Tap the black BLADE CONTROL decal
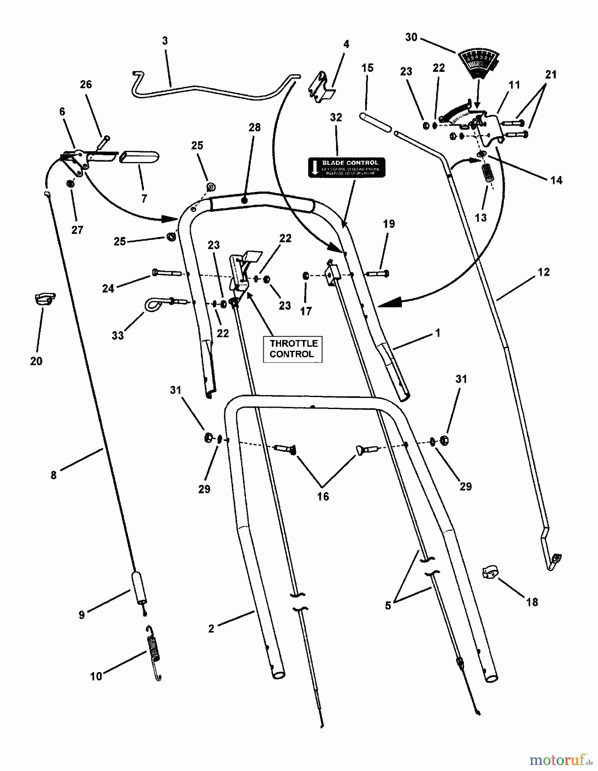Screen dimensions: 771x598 346,167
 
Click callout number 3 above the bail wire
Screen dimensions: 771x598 165,41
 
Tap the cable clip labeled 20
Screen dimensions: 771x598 45,298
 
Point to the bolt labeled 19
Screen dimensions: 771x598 378,272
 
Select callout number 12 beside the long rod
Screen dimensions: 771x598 543,272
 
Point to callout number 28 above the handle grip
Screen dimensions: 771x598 254,128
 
